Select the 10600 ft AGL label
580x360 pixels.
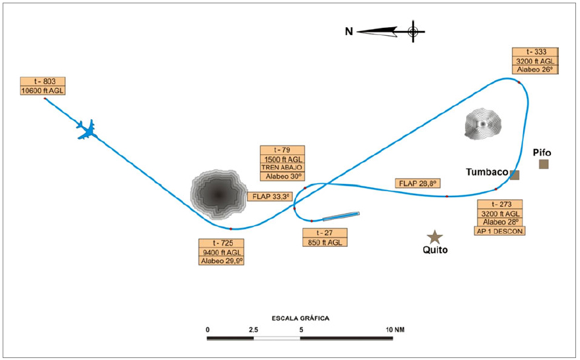[x=43, y=91]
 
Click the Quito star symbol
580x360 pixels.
[x=435, y=236]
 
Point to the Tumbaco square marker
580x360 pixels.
[x=515, y=175]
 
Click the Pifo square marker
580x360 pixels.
[x=544, y=164]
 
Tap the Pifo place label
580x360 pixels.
[x=542, y=152]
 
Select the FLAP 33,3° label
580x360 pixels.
[x=272, y=197]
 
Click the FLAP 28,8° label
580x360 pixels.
[x=418, y=183]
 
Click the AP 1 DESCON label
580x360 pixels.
[x=500, y=231]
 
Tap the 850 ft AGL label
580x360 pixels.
[x=324, y=242]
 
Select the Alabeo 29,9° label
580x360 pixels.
[x=222, y=261]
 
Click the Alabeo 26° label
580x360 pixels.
[x=535, y=69]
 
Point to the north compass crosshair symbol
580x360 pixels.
[x=413, y=31]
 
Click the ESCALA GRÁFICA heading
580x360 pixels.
[x=300, y=318]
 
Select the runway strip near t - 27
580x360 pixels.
[x=341, y=216]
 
